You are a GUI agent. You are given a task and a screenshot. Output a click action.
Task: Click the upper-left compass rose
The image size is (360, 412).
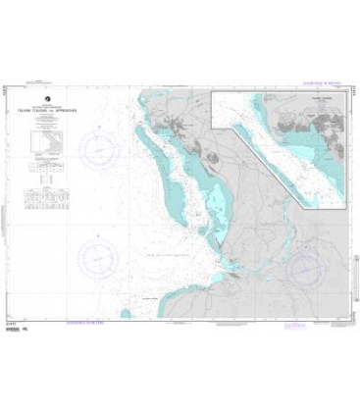97,151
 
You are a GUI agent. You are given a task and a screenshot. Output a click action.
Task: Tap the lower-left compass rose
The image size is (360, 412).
97,256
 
